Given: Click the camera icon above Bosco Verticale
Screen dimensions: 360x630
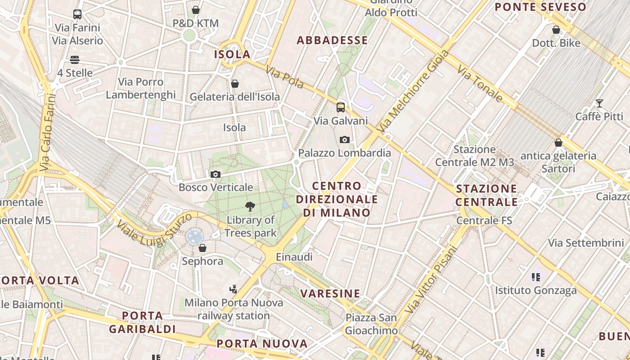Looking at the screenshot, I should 216,174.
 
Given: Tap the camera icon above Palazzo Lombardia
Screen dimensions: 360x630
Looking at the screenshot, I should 345,139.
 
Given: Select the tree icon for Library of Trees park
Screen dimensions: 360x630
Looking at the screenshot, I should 250,207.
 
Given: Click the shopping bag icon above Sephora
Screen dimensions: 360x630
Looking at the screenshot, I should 202,248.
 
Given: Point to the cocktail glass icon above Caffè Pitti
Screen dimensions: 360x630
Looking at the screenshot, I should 599,103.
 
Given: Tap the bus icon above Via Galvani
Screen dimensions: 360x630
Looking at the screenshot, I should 341,107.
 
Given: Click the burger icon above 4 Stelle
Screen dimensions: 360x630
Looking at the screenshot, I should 75,60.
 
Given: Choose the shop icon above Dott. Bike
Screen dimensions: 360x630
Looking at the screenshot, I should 556,30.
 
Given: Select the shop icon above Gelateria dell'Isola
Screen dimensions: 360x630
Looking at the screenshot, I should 234,84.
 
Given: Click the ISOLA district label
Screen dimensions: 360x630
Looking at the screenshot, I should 232,54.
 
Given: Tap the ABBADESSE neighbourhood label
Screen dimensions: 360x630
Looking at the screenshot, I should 333,40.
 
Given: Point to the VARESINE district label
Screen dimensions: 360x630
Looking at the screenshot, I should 330,294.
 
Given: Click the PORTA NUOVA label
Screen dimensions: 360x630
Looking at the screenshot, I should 262,344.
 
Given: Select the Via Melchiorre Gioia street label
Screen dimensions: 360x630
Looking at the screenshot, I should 413,91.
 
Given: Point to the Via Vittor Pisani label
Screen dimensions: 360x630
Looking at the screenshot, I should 431,279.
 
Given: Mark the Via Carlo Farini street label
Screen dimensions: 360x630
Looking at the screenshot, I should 47,132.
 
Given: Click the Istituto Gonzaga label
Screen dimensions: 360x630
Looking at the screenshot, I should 535,291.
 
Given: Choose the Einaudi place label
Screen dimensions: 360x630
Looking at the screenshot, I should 294,257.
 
